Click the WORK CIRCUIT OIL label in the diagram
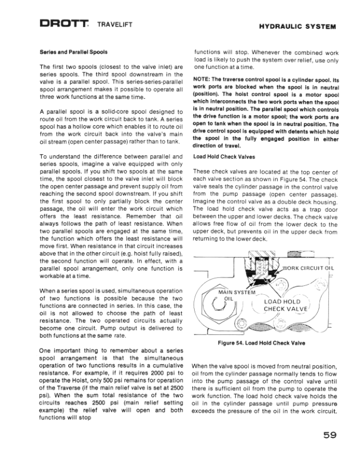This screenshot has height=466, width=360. point(308,269)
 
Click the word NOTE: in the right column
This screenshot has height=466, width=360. point(202,79)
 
